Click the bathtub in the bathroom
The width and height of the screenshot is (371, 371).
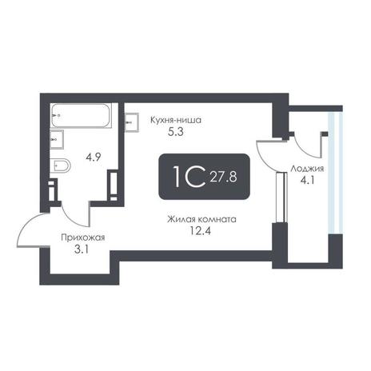(x=81, y=115)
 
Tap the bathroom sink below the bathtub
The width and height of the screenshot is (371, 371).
(x=57, y=139)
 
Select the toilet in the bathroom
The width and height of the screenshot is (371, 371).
(x=61, y=166)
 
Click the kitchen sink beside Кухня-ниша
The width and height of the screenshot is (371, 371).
(x=132, y=122)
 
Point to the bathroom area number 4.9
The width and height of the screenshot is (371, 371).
(x=93, y=158)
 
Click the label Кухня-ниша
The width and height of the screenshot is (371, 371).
(x=176, y=120)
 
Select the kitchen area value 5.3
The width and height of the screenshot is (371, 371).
(x=176, y=132)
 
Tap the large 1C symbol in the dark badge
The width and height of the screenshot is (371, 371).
(x=189, y=176)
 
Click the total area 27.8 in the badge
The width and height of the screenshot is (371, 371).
(x=223, y=177)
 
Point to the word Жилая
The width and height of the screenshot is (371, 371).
(x=182, y=220)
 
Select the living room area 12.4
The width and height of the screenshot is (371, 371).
(x=201, y=230)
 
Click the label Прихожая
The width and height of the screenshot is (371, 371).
(x=83, y=237)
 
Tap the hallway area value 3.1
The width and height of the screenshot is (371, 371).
(x=82, y=249)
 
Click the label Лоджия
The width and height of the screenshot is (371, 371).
(x=307, y=169)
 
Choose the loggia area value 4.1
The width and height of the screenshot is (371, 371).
(x=308, y=181)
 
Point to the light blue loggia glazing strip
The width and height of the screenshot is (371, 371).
(x=335, y=174)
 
